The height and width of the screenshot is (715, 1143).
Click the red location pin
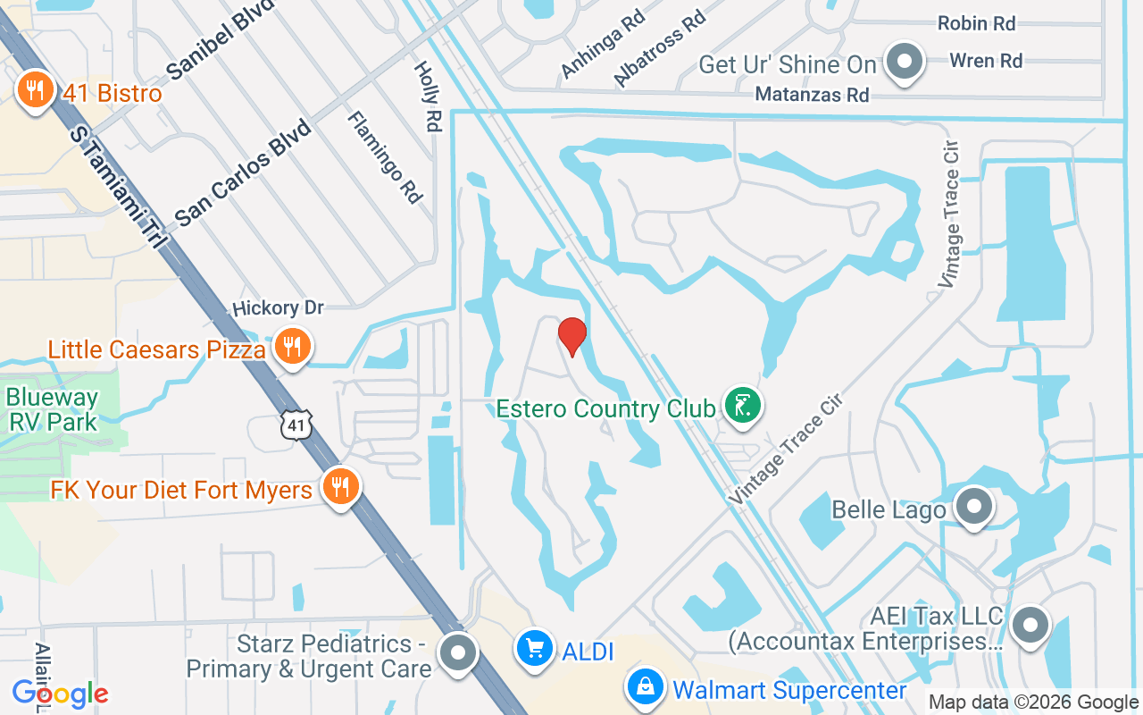pos(571,336)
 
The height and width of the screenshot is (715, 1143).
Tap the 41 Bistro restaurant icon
pos(35,90)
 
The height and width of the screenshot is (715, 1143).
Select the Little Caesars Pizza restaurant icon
pos(291,345)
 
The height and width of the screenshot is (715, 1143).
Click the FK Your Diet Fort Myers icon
pos(339,487)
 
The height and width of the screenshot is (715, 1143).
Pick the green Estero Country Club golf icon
pos(742,406)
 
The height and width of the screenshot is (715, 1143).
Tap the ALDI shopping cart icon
pos(535,648)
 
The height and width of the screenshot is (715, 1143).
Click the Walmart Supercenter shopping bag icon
pos(644,687)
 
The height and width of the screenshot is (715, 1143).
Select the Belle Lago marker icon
pos(973,507)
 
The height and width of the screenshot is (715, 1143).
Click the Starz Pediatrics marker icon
pos(459,652)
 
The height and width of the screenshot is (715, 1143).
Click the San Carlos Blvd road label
pos(242,172)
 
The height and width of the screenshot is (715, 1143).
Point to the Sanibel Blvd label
pos(220,46)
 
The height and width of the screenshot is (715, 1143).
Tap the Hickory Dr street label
pos(277,307)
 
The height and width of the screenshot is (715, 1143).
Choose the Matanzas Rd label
pos(812,94)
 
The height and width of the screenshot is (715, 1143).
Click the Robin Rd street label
pos(976,24)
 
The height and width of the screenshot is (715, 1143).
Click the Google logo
pos(60,693)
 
